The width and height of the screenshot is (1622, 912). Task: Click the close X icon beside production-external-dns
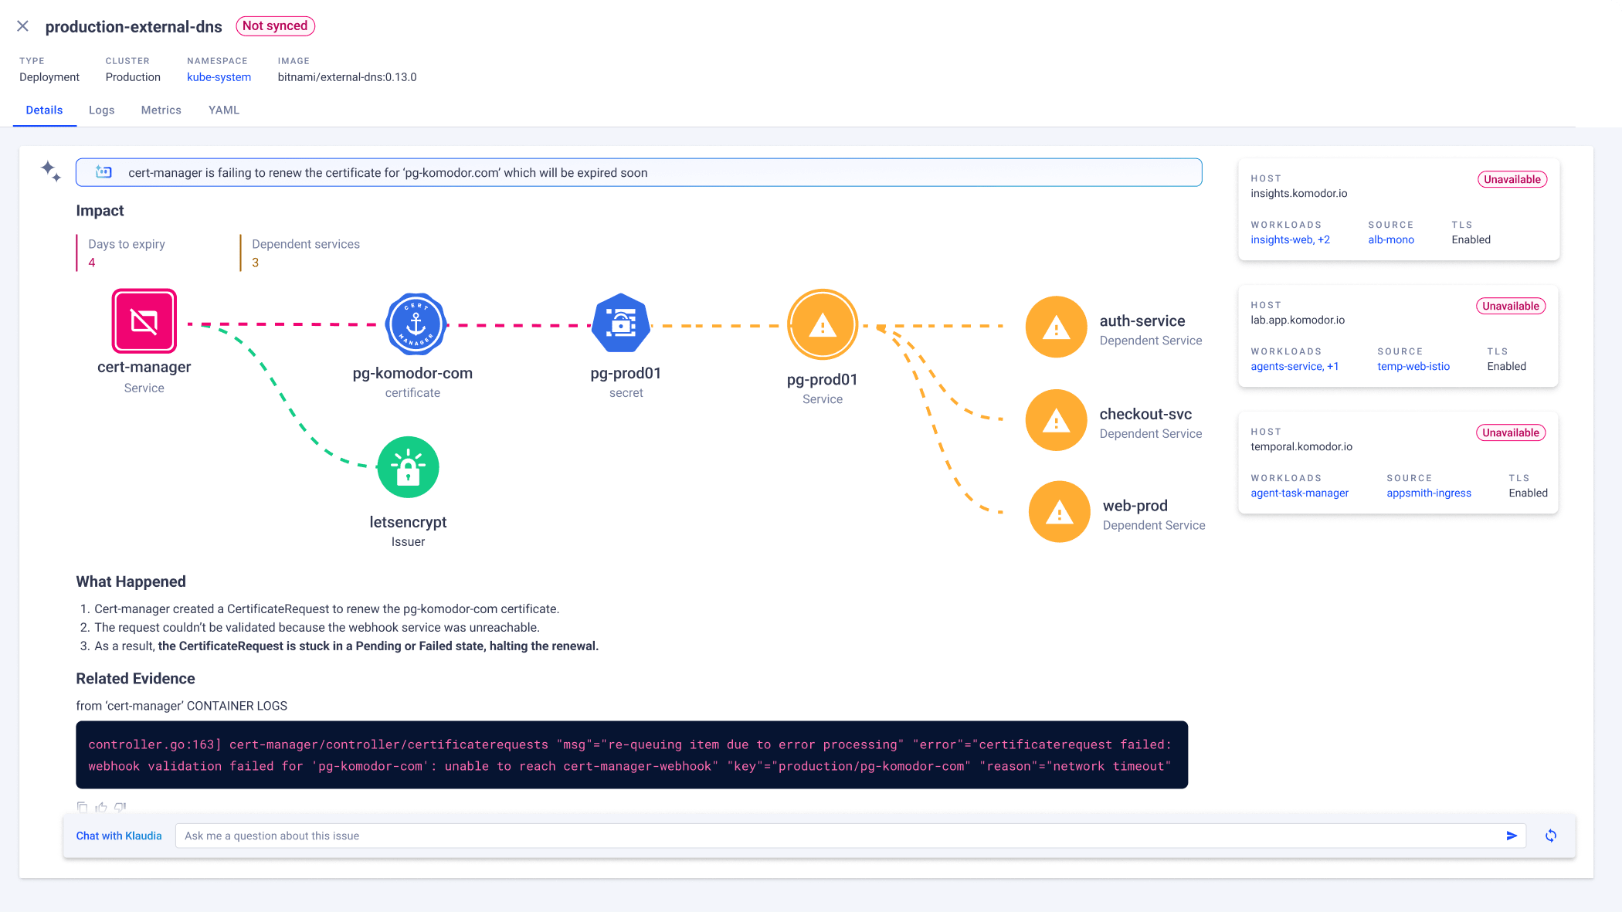click(x=23, y=26)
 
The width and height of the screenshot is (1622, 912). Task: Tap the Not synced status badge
click(x=275, y=26)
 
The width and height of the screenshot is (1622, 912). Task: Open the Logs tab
click(x=101, y=110)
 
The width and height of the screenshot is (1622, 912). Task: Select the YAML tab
click(x=224, y=110)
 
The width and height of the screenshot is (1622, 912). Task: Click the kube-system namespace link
click(x=219, y=77)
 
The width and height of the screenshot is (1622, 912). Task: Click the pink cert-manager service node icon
click(x=144, y=321)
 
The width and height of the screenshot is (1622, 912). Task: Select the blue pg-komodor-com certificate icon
click(x=416, y=324)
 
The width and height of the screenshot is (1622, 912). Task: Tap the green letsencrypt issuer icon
click(x=408, y=467)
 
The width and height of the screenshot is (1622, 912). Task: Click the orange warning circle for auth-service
click(x=1056, y=327)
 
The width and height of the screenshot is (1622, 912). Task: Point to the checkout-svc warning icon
click(x=1056, y=421)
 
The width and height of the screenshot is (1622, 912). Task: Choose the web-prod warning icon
click(x=1059, y=512)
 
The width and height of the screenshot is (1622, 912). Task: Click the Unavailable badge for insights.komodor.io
click(x=1512, y=180)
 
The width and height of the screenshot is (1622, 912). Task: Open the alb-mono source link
click(x=1391, y=240)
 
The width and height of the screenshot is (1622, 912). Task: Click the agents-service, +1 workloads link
click(x=1295, y=367)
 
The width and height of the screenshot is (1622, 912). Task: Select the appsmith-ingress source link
click(x=1428, y=493)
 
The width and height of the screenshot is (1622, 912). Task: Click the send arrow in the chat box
click(x=1512, y=836)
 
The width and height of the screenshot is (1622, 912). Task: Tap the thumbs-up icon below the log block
click(x=101, y=807)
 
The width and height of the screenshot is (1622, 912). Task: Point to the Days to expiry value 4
click(x=92, y=263)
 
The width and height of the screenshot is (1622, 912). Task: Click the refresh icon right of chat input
click(x=1551, y=836)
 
